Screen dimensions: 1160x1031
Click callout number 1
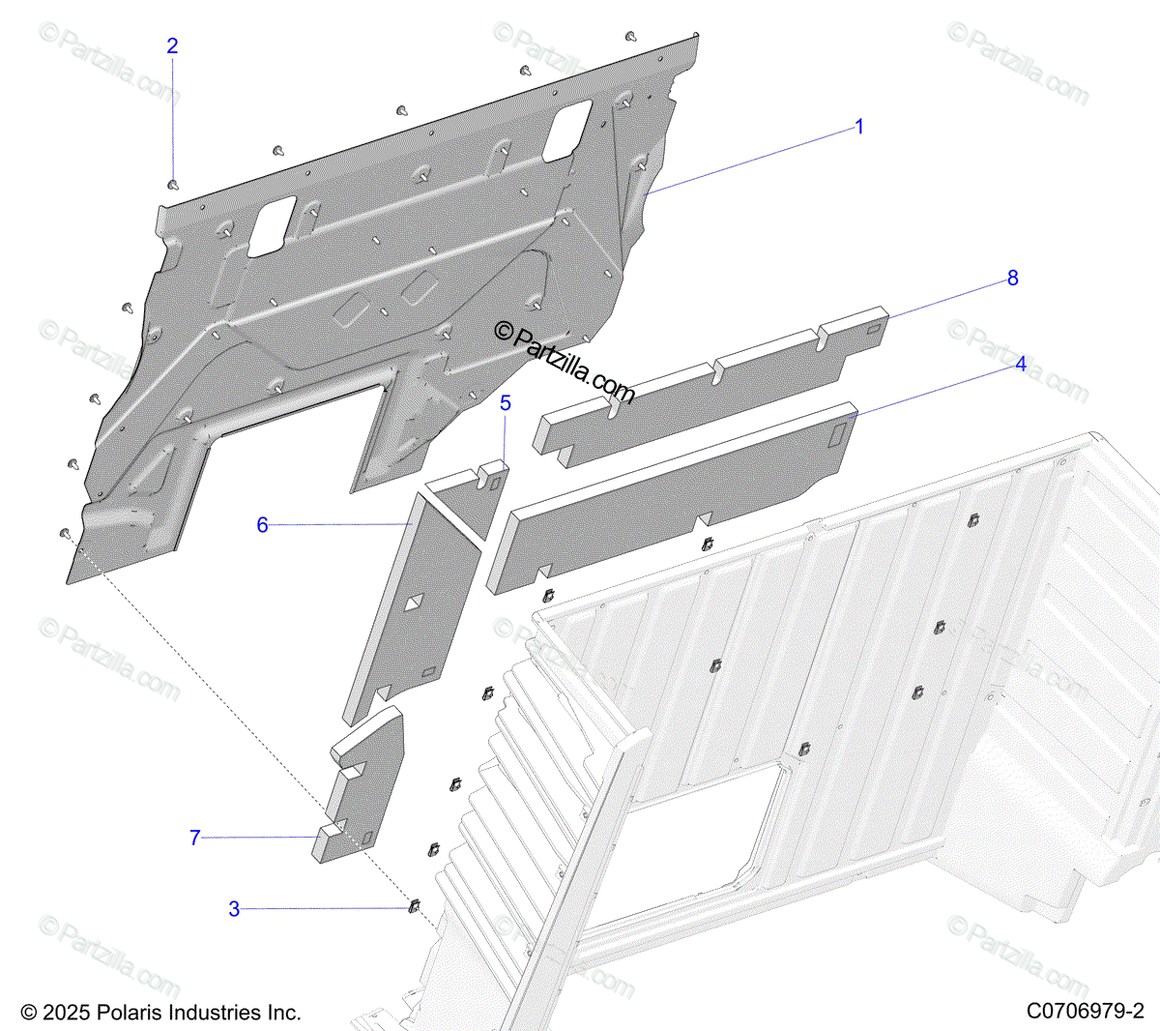[x=858, y=128]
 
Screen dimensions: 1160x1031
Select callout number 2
[x=172, y=46]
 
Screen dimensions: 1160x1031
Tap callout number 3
[x=234, y=909]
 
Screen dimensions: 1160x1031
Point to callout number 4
[x=1021, y=365]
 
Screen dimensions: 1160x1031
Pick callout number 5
[x=505, y=403]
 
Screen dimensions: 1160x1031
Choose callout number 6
[x=262, y=525]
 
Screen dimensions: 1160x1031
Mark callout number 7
[x=195, y=838]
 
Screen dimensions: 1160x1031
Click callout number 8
[x=1012, y=279]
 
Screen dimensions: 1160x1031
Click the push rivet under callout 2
[x=173, y=183]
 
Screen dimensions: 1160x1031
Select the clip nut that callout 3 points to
[x=415, y=906]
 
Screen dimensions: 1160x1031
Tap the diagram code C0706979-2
[x=1085, y=1012]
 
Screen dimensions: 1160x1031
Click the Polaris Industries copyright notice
[x=160, y=1013]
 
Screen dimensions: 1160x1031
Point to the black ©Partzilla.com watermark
[x=565, y=363]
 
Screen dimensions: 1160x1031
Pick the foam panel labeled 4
[x=677, y=493]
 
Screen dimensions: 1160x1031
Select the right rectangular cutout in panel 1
[x=565, y=131]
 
